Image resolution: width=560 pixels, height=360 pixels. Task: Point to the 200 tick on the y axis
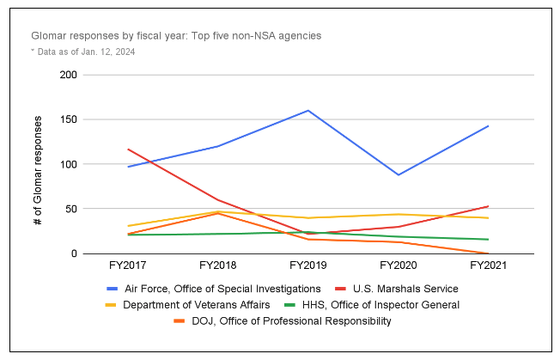[x=68, y=75]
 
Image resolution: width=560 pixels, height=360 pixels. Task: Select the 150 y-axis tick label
[x=68, y=119]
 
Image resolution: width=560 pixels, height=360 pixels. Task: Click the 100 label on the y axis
[x=68, y=164]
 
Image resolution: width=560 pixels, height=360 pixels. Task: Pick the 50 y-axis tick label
[x=71, y=209]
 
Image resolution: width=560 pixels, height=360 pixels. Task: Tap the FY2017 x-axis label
[x=127, y=267]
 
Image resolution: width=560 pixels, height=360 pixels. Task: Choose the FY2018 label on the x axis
[x=217, y=267]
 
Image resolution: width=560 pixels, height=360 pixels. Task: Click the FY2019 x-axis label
[x=307, y=267]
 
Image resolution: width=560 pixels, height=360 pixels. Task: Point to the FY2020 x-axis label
[x=398, y=267]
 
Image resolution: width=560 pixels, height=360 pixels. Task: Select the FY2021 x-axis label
[x=488, y=267]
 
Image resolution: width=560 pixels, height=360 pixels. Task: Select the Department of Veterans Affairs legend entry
[x=193, y=304]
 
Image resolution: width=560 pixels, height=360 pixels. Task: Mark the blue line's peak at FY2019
[x=307, y=110]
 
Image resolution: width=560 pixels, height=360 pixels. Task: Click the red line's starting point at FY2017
[x=127, y=149]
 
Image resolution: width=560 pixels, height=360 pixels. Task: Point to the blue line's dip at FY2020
[x=398, y=174]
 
